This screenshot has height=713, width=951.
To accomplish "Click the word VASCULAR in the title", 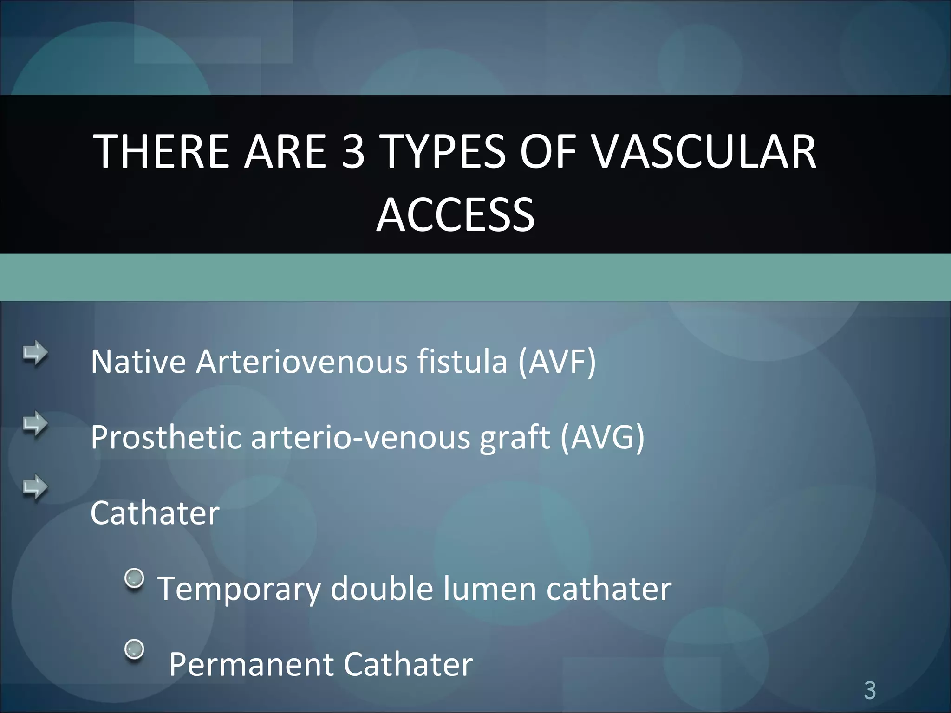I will [704, 151].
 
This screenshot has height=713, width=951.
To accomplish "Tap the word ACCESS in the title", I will [456, 215].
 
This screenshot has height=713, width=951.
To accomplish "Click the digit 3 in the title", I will [352, 151].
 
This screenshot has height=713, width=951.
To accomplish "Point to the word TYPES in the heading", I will [444, 151].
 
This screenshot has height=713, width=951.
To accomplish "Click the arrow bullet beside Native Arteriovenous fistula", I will [35, 354].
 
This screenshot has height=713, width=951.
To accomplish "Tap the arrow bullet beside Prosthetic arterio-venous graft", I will [35, 423].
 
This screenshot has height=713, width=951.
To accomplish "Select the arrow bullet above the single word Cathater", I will [35, 488].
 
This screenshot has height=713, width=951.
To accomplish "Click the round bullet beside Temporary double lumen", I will [135, 578].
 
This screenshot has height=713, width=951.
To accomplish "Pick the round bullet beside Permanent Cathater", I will [135, 649].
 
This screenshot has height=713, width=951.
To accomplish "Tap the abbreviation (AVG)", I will [602, 437].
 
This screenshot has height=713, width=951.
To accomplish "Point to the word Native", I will [138, 362].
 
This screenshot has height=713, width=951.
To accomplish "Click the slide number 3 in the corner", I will [870, 690].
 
